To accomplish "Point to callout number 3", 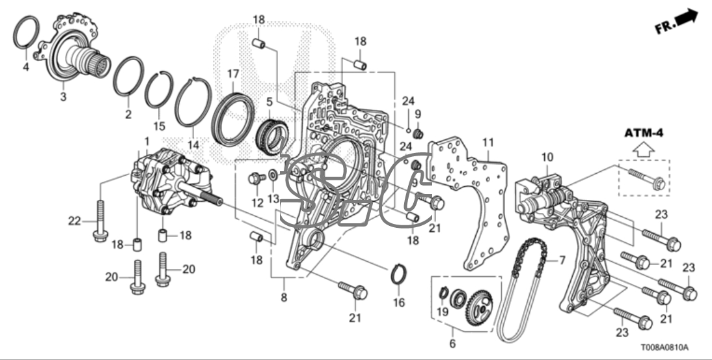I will click(62, 97).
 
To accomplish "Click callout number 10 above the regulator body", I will click(547, 157).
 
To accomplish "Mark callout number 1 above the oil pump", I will click(147, 141).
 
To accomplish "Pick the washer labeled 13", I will click(272, 175).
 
